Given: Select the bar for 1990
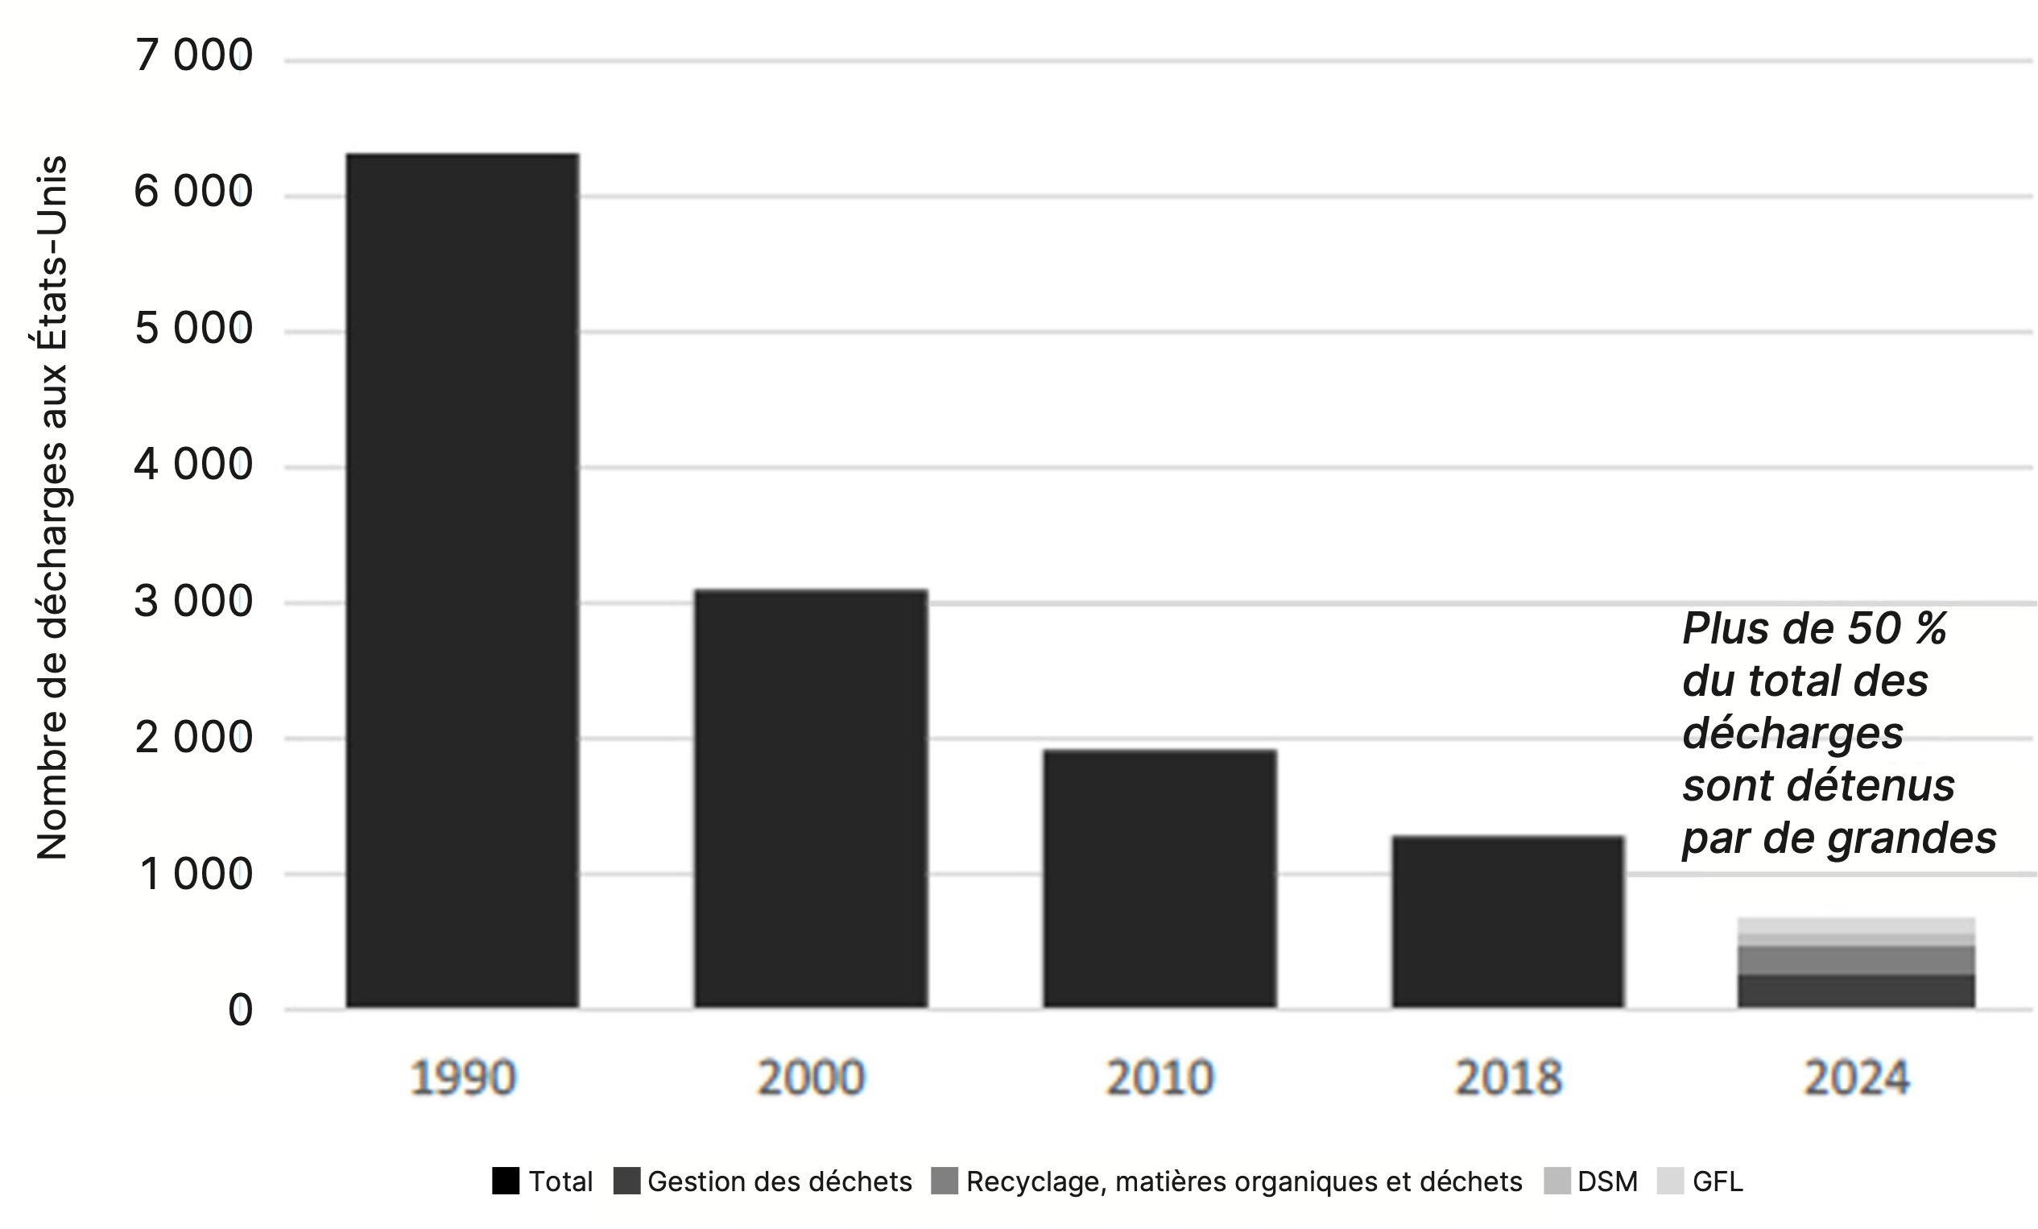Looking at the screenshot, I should pos(461,579).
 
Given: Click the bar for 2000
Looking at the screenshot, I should pos(811,798).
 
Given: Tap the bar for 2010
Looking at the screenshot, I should pos(1160,879).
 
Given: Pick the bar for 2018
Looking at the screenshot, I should pos(1508,921).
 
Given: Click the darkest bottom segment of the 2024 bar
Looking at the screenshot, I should pos(1856,991).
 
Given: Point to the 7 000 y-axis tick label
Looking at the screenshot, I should pos(193,56).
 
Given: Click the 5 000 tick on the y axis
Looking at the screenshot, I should pos(193,329).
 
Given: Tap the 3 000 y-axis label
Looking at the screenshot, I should pos(193,602).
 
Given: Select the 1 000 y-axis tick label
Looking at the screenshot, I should pos(196,874).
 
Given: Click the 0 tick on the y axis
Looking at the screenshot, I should pos(240,1010).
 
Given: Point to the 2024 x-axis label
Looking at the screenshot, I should pos(1856,1078).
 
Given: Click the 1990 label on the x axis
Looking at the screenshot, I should pos(462,1078).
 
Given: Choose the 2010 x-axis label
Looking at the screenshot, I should pos(1160,1078).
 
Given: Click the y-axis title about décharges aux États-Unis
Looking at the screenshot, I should pos(52,507).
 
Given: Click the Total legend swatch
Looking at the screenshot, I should pos(506,1181).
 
